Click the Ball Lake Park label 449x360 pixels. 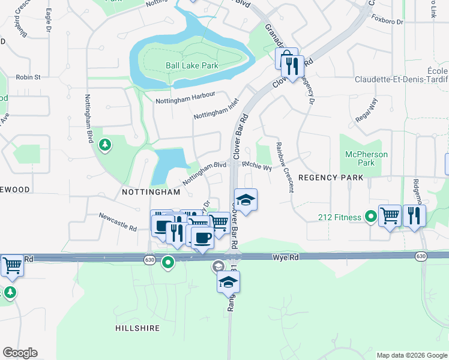point(192,65)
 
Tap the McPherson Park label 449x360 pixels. point(367,158)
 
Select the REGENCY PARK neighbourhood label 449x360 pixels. point(331,178)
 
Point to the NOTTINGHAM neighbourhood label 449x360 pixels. point(151,192)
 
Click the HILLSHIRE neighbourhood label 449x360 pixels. point(137,328)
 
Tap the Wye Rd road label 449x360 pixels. point(286,257)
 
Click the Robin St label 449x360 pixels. point(28,77)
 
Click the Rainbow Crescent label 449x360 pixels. point(285,167)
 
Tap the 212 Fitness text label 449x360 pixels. point(340,217)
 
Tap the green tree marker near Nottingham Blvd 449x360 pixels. point(105,145)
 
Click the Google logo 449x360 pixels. point(20,353)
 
